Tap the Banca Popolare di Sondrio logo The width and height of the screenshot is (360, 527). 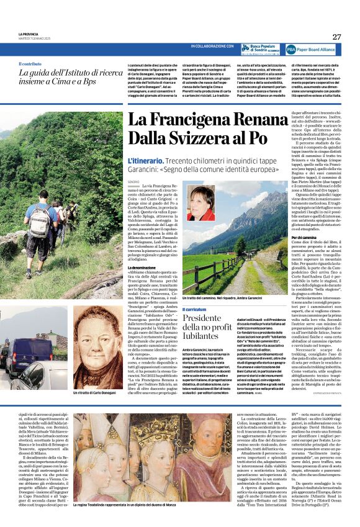[261, 48]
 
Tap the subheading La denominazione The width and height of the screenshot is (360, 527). [142, 266]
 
